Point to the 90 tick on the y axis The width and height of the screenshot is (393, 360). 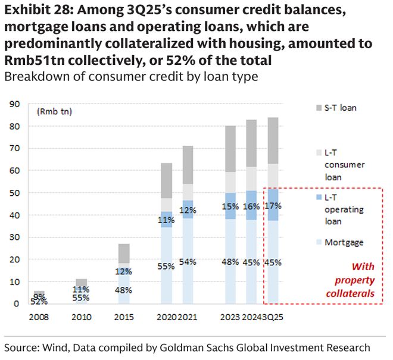15,104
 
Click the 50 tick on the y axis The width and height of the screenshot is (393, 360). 15,193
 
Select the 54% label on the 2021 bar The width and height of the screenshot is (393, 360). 188,262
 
